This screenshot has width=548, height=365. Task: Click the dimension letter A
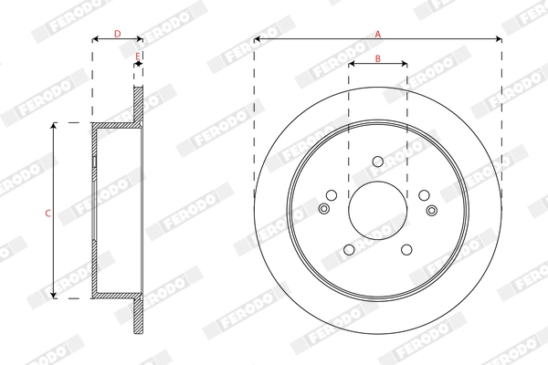377,34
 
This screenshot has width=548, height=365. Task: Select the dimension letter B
377,58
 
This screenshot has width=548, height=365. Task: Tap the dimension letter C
47,212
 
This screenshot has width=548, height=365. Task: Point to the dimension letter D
117,34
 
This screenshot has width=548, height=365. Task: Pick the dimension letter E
137,57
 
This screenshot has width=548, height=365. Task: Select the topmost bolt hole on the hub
377,162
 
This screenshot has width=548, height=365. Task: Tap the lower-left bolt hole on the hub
349,249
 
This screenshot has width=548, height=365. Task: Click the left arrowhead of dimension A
258,39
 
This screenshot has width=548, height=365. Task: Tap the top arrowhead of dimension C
54,125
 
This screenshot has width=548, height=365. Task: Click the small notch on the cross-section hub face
94,162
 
